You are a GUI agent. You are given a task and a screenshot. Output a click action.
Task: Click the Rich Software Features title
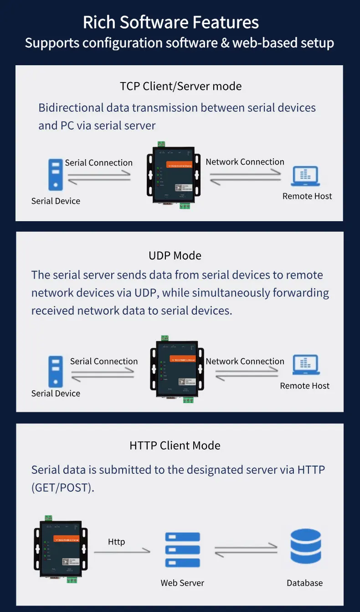171,22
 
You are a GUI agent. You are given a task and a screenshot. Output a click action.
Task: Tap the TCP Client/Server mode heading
180,86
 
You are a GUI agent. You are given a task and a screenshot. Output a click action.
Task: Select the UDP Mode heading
175,255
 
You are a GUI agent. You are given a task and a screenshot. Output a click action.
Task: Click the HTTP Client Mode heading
175,446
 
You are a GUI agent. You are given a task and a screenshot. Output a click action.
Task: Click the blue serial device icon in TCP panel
56,174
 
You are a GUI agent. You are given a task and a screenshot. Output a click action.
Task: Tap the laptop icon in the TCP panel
305,176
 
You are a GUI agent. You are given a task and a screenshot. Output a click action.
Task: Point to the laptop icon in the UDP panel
306,366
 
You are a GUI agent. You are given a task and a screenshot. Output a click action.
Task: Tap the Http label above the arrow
116,542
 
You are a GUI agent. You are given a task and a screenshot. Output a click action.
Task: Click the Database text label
304,583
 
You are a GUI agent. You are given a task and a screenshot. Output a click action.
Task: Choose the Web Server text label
182,583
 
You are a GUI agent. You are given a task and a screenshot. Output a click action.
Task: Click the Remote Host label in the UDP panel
304,386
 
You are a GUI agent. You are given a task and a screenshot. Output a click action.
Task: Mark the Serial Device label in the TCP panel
56,201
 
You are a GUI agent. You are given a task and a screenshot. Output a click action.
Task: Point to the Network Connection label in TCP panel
245,162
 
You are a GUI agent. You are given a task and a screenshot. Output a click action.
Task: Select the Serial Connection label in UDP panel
104,361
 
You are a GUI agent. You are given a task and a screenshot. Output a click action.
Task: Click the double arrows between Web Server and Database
246,550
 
